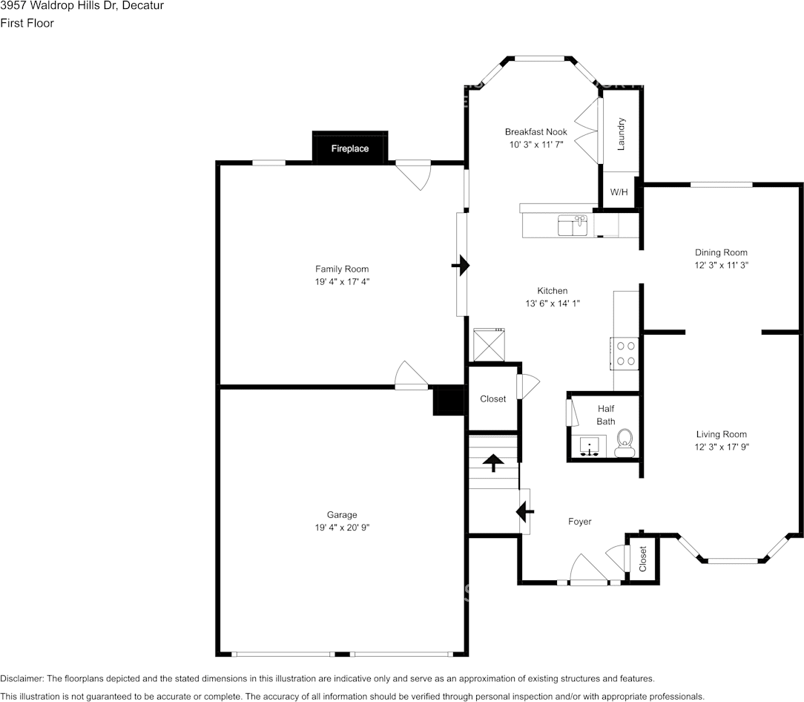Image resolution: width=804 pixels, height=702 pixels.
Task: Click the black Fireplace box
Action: [349, 148]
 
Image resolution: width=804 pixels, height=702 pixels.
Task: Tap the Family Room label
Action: [342, 269]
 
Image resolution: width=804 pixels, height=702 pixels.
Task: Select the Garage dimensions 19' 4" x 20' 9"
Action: [342, 528]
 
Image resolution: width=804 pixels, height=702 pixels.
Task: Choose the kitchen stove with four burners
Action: [625, 353]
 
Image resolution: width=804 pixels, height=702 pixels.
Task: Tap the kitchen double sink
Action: [573, 226]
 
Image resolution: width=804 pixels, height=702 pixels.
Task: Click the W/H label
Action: [619, 192]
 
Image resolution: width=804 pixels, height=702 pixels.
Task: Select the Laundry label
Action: [621, 134]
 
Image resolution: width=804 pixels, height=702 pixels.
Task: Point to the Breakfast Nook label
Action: [536, 132]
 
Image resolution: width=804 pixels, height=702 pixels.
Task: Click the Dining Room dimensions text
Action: [722, 266]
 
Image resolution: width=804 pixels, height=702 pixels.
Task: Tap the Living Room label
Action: [722, 434]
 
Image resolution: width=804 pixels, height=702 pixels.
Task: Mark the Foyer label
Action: [579, 522]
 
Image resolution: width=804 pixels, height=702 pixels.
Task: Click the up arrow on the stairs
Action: [494, 462]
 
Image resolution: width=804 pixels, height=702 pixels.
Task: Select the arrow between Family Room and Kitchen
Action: [461, 266]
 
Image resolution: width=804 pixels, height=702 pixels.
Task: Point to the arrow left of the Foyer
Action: [525, 511]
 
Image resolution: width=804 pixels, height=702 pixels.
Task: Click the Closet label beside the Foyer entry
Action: [642, 558]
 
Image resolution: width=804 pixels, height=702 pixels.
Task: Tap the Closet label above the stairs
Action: [492, 398]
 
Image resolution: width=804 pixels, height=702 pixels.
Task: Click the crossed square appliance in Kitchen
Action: [490, 345]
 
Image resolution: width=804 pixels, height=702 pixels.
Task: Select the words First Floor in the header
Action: [27, 23]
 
